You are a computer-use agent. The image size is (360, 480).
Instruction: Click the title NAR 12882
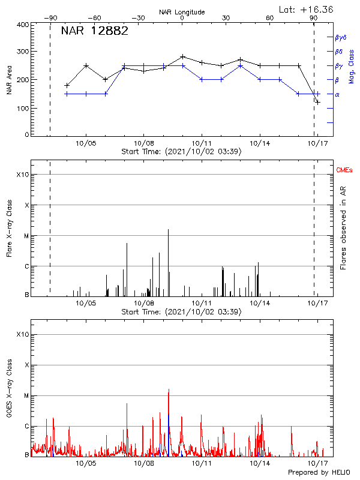coord(94,32)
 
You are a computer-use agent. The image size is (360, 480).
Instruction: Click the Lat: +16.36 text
coord(307,9)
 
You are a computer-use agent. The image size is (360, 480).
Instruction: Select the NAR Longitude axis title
coord(182,12)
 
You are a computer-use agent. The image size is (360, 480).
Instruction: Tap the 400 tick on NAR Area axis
coord(23,25)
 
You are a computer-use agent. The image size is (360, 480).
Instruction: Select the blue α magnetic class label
coord(337,94)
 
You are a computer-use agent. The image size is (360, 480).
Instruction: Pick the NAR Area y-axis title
coord(9,80)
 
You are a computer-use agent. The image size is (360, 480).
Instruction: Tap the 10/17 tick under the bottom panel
coord(317,463)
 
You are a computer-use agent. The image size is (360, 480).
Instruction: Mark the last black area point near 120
coord(317,102)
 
